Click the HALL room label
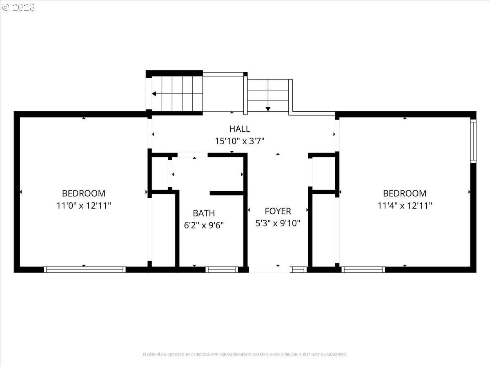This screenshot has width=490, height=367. pyautogui.click(x=239, y=129)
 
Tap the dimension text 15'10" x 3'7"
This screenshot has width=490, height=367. pyautogui.click(x=240, y=141)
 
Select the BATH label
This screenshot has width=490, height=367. pyautogui.click(x=204, y=213)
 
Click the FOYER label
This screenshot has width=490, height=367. pyautogui.click(x=278, y=211)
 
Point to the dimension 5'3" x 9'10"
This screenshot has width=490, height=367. pyautogui.click(x=278, y=223)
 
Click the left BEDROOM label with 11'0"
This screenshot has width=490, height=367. pyautogui.click(x=83, y=193)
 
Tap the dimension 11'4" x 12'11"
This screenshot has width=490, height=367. pyautogui.click(x=405, y=206)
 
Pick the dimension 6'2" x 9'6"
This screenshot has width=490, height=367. pyautogui.click(x=204, y=225)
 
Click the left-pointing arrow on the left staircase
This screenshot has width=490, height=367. pyautogui.click(x=154, y=94)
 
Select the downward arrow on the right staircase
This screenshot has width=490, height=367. pyautogui.click(x=268, y=108)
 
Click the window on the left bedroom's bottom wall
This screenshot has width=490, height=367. pyautogui.click(x=85, y=270)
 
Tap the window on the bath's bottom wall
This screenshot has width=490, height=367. pyautogui.click(x=222, y=270)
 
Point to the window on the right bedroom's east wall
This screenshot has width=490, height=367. pyautogui.click(x=473, y=141)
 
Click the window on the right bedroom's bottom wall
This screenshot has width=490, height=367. pyautogui.click(x=363, y=270)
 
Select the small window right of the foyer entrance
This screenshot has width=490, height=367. pyautogui.click(x=299, y=270)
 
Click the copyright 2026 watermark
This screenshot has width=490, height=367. pyautogui.click(x=18, y=7)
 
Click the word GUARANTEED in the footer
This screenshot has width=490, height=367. pyautogui.click(x=333, y=355)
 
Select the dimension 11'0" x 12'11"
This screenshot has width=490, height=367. pyautogui.click(x=83, y=206)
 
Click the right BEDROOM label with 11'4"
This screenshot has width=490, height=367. pyautogui.click(x=405, y=193)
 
